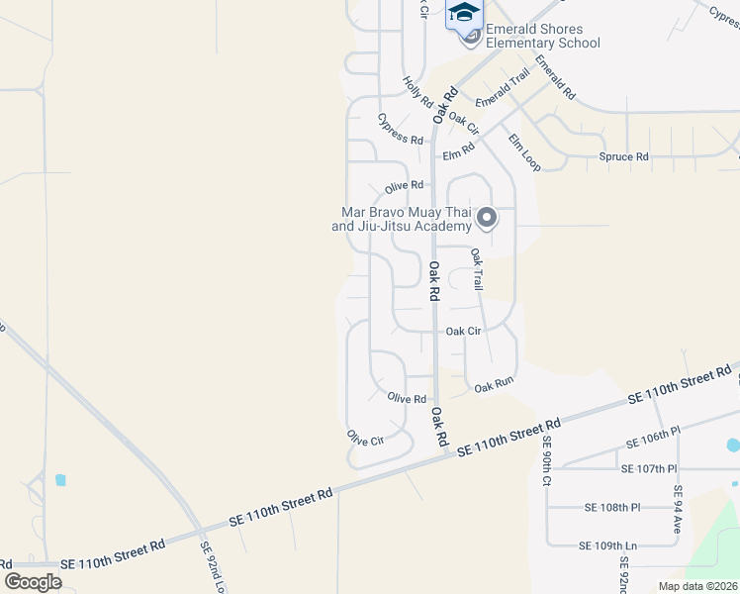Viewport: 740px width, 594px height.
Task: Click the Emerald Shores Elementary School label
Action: [542, 37]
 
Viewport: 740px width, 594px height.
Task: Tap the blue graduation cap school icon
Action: [463, 13]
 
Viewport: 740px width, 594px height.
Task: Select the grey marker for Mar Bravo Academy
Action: [486, 217]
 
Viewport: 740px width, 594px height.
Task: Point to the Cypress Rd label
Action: [401, 128]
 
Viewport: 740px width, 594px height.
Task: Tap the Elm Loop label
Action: [524, 152]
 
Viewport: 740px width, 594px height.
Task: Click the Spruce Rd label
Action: [623, 156]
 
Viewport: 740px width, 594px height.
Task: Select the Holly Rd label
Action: [418, 93]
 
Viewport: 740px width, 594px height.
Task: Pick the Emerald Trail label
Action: [503, 89]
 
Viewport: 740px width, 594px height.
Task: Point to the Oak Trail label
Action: [476, 268]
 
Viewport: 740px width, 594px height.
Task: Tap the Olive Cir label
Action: [364, 437]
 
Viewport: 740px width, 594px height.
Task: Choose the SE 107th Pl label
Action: [648, 468]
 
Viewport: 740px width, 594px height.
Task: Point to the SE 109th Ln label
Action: [608, 545]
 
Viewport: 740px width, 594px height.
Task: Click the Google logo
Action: [33, 582]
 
